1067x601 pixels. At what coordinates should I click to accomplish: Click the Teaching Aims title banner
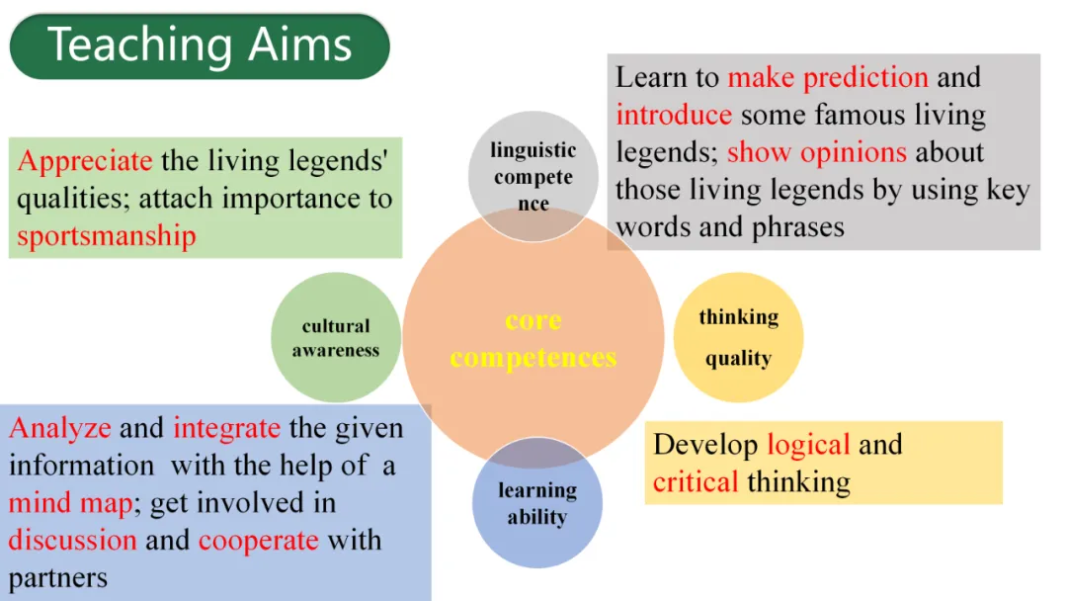(x=200, y=45)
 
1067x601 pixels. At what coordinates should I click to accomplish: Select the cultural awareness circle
(x=336, y=337)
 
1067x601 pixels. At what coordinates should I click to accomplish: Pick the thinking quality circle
(x=738, y=337)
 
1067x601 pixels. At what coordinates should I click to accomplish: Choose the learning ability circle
(x=536, y=503)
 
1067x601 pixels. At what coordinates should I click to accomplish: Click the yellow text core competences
(x=533, y=339)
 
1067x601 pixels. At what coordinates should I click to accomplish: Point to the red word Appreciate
(x=85, y=161)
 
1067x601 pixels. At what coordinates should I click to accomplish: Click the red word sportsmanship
(x=107, y=235)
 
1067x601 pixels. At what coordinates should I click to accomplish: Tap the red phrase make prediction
(x=828, y=77)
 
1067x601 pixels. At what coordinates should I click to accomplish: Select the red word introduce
(x=674, y=115)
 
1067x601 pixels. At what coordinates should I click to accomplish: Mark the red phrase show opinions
(x=816, y=152)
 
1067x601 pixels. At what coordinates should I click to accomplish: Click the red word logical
(x=808, y=444)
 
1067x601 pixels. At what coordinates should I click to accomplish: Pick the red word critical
(x=696, y=481)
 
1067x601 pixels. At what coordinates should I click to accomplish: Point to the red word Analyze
(x=59, y=429)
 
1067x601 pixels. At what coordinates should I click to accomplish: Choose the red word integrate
(x=226, y=429)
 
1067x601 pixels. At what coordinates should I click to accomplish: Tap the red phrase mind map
(x=70, y=503)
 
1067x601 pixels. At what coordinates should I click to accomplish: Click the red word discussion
(x=72, y=541)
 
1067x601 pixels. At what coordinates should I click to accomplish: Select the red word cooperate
(x=258, y=541)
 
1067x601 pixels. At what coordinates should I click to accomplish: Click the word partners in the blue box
(x=58, y=577)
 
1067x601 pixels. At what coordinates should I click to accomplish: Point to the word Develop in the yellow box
(x=705, y=444)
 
